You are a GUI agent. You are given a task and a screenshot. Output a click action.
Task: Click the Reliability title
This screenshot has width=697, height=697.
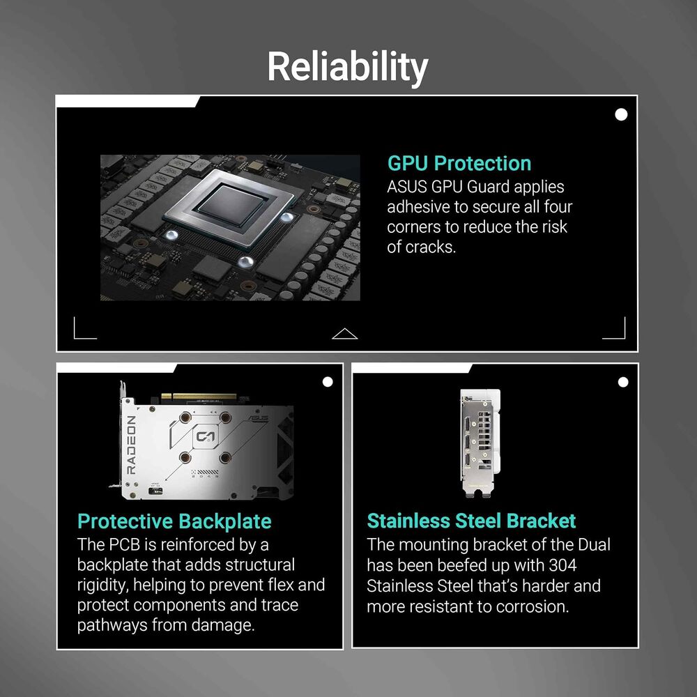348,67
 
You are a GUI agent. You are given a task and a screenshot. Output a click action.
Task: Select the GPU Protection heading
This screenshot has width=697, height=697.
459,163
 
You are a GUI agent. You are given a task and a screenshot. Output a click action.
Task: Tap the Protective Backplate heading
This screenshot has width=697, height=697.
174,521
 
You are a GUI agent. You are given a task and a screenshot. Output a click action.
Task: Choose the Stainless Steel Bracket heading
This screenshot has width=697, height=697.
471,521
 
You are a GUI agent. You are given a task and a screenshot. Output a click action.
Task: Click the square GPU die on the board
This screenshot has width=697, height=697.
231,204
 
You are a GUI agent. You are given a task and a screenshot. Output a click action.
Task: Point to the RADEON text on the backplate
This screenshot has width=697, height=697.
131,445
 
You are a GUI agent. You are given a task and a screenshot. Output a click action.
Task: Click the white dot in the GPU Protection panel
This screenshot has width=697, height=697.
621,115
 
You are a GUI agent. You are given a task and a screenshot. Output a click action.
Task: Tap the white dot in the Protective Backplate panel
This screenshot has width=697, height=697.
328,382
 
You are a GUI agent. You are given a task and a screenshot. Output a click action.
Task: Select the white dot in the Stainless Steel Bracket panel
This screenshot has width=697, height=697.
623,382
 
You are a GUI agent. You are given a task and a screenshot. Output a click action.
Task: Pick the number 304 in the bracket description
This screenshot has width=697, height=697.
562,565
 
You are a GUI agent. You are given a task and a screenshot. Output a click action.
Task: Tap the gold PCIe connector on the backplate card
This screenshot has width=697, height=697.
199,396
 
